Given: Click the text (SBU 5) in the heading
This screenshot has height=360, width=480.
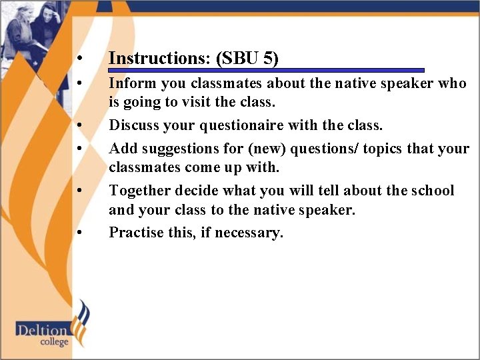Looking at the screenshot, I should pyautogui.click(x=247, y=58).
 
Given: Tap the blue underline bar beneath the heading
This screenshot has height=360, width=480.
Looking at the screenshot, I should pyautogui.click(x=267, y=70).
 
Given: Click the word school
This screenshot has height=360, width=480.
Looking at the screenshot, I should pyautogui.click(x=432, y=191).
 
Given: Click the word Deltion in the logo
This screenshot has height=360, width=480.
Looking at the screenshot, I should pyautogui.click(x=43, y=329).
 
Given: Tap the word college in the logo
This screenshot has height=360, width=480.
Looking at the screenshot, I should pyautogui.click(x=53, y=342).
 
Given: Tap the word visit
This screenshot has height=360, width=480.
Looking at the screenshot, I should pyautogui.click(x=181, y=103).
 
